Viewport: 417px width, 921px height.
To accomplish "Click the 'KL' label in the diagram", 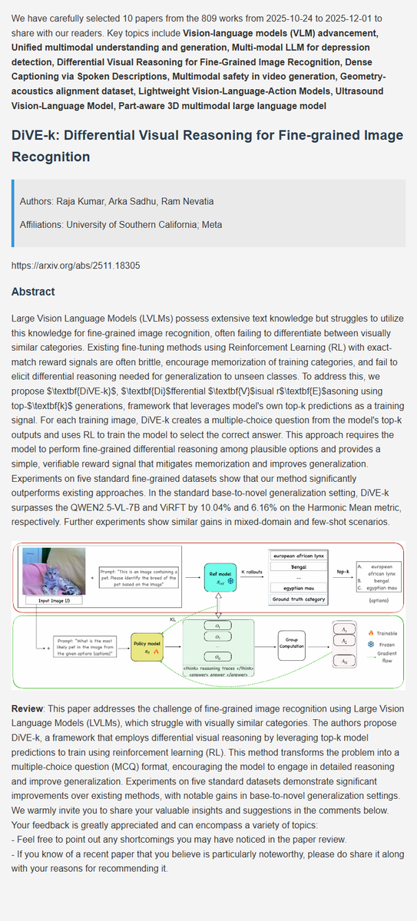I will [173, 618].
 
